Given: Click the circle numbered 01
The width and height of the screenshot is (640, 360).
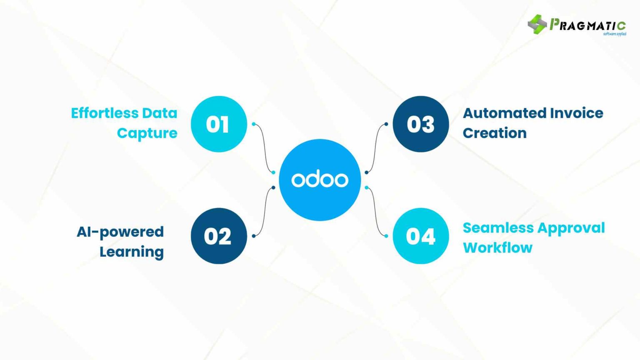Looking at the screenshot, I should [219, 124].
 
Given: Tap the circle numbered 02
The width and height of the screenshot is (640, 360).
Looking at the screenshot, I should [219, 236].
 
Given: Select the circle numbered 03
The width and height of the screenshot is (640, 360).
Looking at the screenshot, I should [421, 124].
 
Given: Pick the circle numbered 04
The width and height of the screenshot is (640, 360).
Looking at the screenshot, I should [421, 236].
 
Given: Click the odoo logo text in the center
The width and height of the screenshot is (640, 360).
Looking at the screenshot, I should [320, 180].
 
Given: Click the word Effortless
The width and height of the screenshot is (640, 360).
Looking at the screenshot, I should [104, 113].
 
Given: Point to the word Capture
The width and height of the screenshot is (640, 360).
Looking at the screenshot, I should [147, 133].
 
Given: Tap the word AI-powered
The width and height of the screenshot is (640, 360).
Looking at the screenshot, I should [120, 232].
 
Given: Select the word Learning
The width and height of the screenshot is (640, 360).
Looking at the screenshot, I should [131, 252].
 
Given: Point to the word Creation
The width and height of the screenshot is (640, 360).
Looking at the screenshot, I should [495, 133].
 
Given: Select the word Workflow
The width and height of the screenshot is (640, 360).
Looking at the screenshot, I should [497, 247].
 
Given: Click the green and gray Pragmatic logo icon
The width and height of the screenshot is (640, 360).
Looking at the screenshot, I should [537, 24].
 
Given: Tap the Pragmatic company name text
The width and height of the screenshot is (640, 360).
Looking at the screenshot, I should [587, 25].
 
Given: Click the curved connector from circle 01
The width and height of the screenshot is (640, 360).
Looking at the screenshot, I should [264, 148].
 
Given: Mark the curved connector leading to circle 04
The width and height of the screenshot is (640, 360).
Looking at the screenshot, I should [376, 212].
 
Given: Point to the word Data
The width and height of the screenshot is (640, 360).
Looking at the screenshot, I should [160, 113].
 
